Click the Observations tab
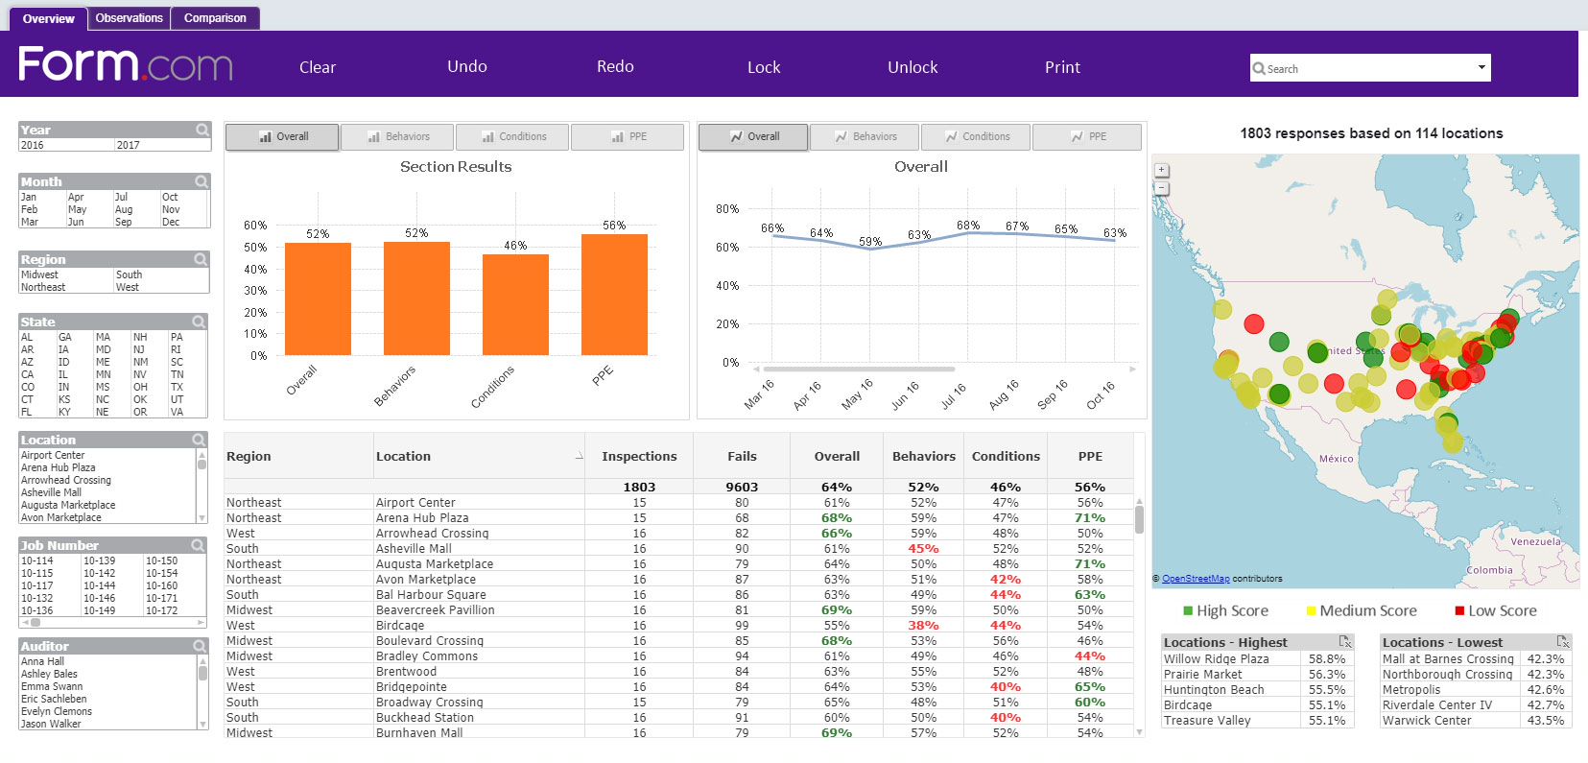click(x=129, y=18)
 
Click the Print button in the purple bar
click(x=1062, y=67)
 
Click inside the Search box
click(x=1363, y=69)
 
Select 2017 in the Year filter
click(x=129, y=146)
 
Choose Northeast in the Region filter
click(x=43, y=287)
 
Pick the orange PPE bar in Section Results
click(x=614, y=295)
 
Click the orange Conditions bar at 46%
click(x=515, y=304)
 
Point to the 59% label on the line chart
click(x=870, y=242)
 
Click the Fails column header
click(x=742, y=457)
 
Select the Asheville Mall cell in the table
click(x=414, y=549)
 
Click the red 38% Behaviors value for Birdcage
click(x=923, y=626)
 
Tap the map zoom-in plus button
click(x=1161, y=170)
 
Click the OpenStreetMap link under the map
click(x=1195, y=579)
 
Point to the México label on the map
click(x=1336, y=459)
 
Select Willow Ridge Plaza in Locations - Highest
click(x=1216, y=659)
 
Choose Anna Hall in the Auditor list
click(x=43, y=662)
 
